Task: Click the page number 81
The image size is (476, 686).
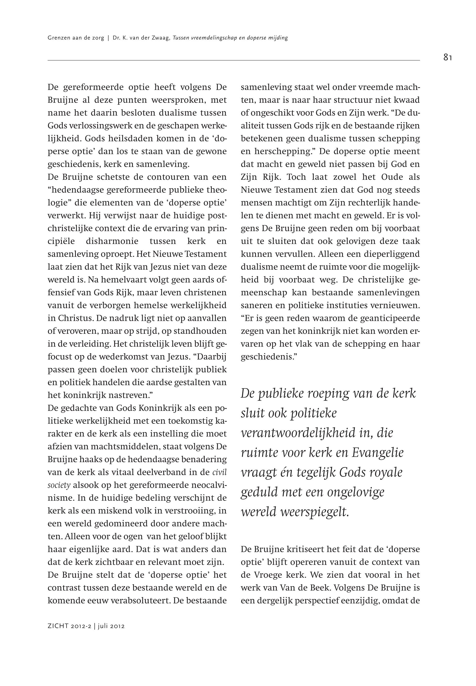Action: tap(447, 58)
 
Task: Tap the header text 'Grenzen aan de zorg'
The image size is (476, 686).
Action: tap(76, 38)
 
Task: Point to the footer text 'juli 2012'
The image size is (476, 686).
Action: tap(111, 626)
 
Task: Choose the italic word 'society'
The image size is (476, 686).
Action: tap(59, 485)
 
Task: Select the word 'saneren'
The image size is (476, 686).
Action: tap(256, 306)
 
